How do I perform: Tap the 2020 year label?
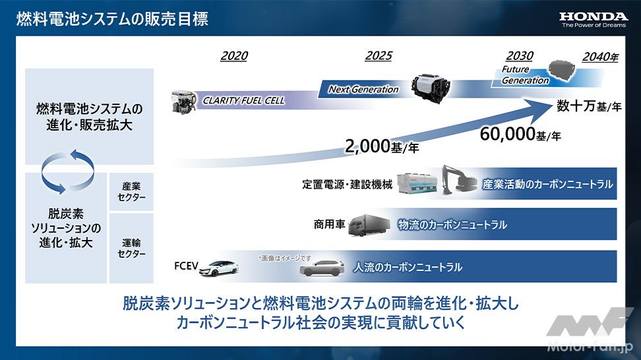click(x=234, y=55)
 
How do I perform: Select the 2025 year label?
click(x=379, y=55)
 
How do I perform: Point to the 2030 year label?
click(x=520, y=55)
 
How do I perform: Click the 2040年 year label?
click(x=600, y=57)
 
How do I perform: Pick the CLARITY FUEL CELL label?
click(x=243, y=100)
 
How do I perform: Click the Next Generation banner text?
click(x=363, y=89)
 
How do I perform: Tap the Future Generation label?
click(x=525, y=75)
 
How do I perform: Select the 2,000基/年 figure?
click(x=382, y=146)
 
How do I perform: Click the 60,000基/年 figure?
click(x=520, y=134)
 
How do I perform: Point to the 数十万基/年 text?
click(x=589, y=106)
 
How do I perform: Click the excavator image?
click(x=459, y=180)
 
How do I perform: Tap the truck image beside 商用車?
click(x=369, y=225)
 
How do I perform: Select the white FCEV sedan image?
click(x=220, y=268)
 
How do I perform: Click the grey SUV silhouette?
click(x=322, y=269)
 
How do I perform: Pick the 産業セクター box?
click(x=131, y=192)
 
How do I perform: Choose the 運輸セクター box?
click(x=131, y=248)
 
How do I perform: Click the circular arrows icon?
click(x=68, y=171)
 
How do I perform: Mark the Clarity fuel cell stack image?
click(x=183, y=102)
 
